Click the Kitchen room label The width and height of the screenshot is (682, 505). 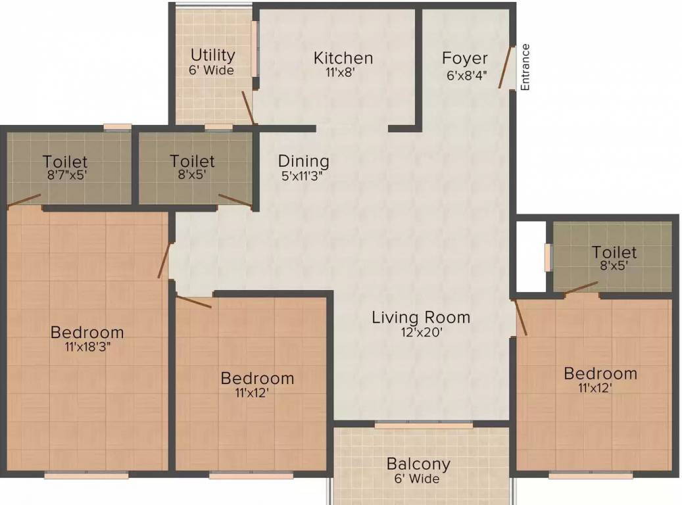343,58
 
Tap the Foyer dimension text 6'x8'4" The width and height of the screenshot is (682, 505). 466,75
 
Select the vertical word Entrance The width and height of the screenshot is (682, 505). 525,67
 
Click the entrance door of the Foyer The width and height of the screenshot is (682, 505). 505,67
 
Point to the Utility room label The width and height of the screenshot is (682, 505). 212,55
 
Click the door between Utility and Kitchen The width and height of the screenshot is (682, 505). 248,108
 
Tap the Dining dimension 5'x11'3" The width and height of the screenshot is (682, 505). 304,176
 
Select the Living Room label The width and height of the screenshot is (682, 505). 421,317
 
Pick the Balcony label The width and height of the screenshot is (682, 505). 418,464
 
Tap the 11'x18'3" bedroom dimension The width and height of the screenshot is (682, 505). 87,347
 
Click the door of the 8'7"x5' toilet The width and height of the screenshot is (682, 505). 24,200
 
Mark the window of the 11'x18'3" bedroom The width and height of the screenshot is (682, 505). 87,475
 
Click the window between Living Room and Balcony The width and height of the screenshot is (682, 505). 424,425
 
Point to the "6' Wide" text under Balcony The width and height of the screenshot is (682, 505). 417,479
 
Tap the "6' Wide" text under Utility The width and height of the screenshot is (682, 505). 211,70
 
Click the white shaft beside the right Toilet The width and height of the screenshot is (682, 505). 531,256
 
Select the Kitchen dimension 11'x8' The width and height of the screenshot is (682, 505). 341,72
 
